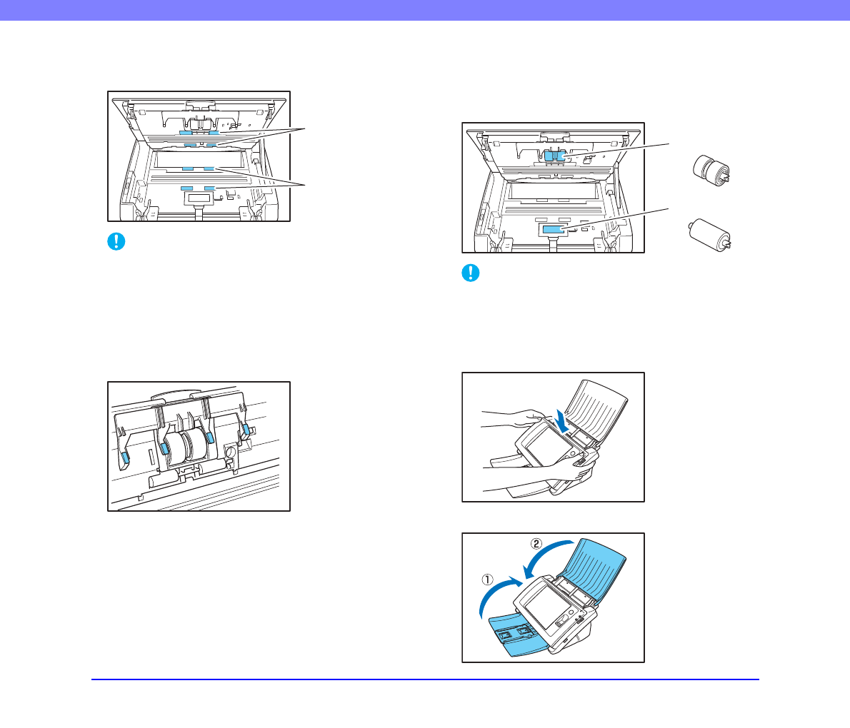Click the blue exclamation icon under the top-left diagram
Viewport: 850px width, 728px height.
tap(116, 241)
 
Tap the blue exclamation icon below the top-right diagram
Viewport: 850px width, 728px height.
tap(471, 273)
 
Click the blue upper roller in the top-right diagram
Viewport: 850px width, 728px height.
tap(554, 156)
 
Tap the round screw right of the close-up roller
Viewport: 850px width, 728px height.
tap(230, 451)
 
